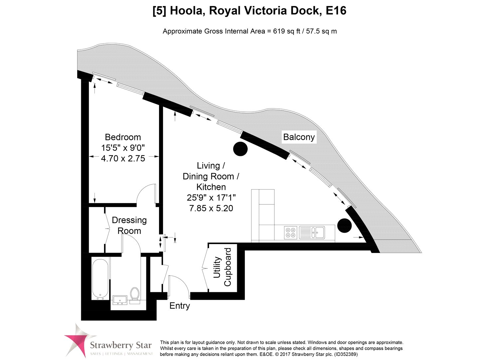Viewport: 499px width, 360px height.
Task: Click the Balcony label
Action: (299, 137)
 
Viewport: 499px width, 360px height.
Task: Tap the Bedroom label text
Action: (123, 137)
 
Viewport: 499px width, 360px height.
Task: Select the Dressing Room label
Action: (129, 225)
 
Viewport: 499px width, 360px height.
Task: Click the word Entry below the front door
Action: (180, 306)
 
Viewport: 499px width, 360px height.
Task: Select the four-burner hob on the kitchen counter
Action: (291, 232)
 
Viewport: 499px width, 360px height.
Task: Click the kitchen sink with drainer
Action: (312, 232)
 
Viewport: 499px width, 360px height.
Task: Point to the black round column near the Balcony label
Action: (240, 149)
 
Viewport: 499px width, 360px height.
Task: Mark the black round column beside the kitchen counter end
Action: (344, 225)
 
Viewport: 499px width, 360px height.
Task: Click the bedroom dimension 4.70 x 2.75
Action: (123, 159)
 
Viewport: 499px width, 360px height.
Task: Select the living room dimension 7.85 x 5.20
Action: (211, 208)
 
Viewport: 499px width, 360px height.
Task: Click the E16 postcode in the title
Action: (335, 11)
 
